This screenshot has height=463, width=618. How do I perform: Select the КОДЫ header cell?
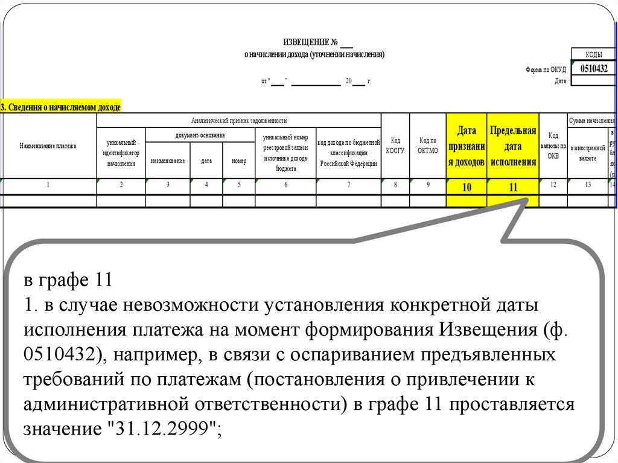click(593, 55)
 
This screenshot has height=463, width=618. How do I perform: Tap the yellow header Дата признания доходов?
click(467, 146)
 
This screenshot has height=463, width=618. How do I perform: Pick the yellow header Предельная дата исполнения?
click(513, 146)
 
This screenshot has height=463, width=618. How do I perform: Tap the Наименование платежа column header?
click(48, 146)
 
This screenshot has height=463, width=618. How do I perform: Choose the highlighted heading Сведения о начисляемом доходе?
click(61, 107)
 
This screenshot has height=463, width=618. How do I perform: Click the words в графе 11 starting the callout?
click(68, 281)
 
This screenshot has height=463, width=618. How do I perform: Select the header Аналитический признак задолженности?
click(238, 121)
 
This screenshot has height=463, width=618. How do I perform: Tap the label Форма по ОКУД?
click(546, 70)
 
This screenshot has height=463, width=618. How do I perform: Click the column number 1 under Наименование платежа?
click(48, 185)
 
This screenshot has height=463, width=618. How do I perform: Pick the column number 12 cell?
click(553, 185)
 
